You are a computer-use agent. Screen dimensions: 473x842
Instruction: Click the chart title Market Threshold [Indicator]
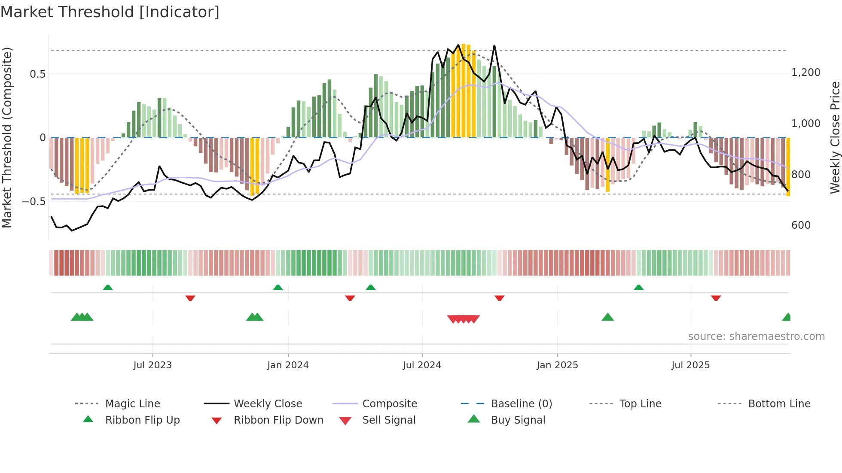click(110, 12)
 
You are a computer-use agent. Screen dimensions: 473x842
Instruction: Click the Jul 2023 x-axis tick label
click(153, 365)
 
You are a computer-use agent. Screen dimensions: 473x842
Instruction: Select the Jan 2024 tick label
click(288, 365)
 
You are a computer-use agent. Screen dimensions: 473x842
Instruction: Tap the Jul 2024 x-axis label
click(422, 365)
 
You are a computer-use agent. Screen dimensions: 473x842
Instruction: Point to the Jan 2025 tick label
click(557, 365)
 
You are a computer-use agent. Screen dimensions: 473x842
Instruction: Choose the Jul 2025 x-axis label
click(691, 365)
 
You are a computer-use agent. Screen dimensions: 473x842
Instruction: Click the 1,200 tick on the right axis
click(806, 73)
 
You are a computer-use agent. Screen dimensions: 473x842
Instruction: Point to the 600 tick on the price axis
click(801, 225)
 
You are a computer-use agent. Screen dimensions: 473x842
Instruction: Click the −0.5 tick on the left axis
click(34, 202)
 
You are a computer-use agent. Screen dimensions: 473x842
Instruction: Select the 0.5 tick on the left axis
click(37, 74)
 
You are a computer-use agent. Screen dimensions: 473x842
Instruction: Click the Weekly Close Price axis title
click(835, 137)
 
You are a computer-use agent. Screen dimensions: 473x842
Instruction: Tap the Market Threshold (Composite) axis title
click(7, 137)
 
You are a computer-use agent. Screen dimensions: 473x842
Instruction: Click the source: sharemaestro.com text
click(756, 337)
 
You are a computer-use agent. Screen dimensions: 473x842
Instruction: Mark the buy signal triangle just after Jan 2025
click(607, 318)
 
